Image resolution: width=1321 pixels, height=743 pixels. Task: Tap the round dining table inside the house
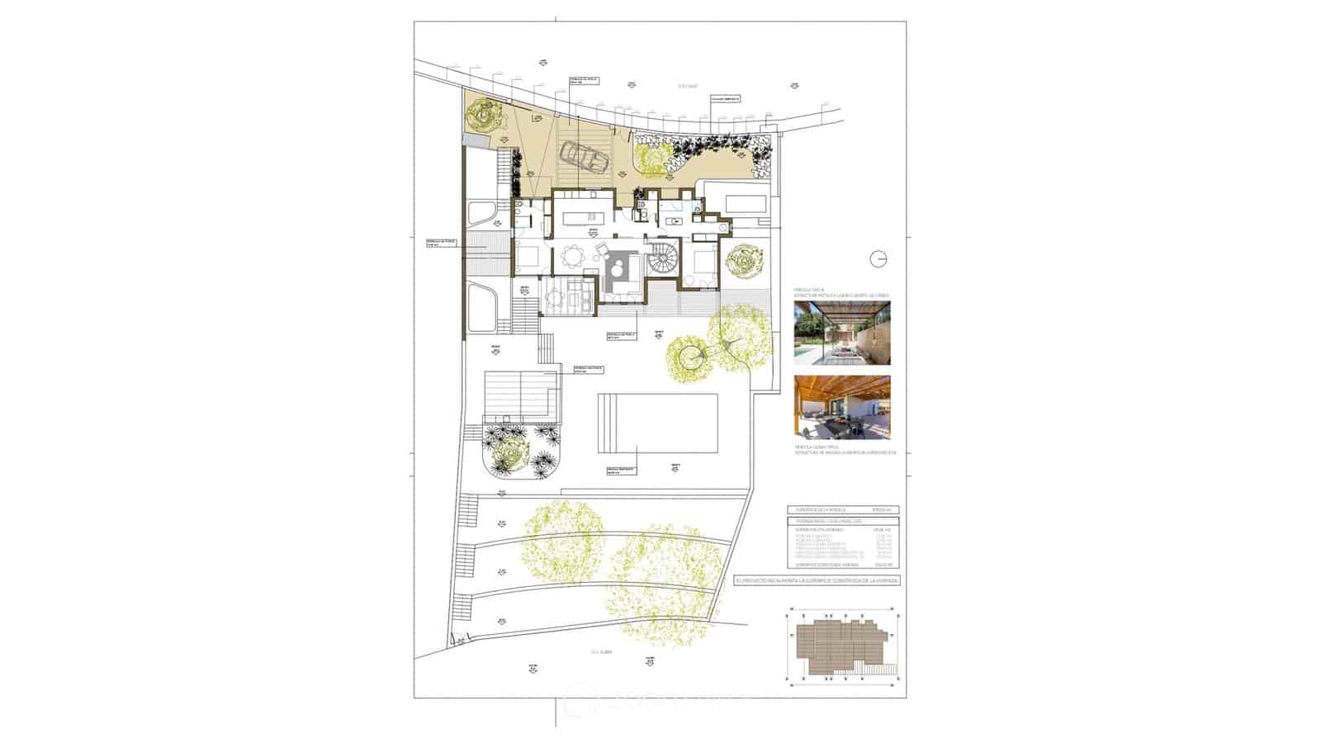(x=571, y=258)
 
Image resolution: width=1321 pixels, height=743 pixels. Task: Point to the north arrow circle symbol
(x=879, y=259)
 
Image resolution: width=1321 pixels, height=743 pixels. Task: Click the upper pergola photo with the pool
(x=841, y=333)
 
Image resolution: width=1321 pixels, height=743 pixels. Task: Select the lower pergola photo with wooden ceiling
(x=841, y=407)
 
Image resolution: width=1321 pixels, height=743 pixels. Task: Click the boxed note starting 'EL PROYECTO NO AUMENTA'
(x=817, y=580)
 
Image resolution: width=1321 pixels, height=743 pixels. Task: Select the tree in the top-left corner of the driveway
(x=483, y=116)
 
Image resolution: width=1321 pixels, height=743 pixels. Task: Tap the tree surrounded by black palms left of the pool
(x=509, y=452)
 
